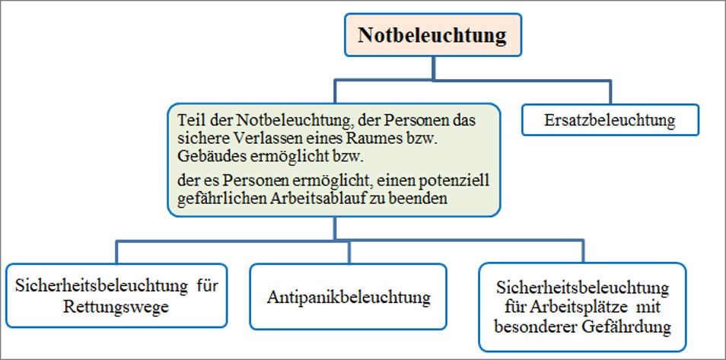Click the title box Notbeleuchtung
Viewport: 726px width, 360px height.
coord(433,35)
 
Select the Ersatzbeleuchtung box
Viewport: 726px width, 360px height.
coord(610,120)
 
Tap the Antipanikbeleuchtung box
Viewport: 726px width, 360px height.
coord(349,297)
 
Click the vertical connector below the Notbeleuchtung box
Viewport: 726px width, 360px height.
coord(433,68)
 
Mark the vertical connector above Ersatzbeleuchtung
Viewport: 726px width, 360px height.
coord(610,93)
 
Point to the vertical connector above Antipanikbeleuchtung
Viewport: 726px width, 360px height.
coord(349,252)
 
